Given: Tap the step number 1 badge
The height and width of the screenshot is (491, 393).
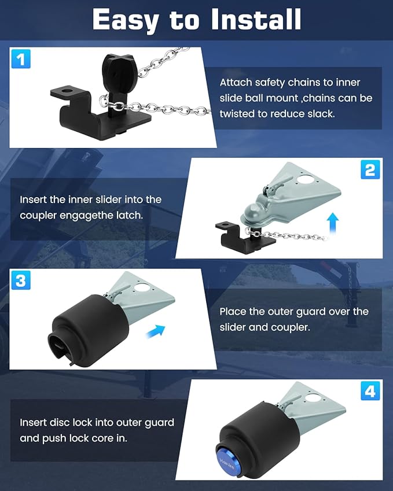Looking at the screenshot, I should pyautogui.click(x=21, y=59).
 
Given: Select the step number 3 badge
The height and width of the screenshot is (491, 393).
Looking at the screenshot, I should pyautogui.click(x=21, y=282).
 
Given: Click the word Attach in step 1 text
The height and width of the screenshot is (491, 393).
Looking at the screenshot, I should pyautogui.click(x=236, y=83).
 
